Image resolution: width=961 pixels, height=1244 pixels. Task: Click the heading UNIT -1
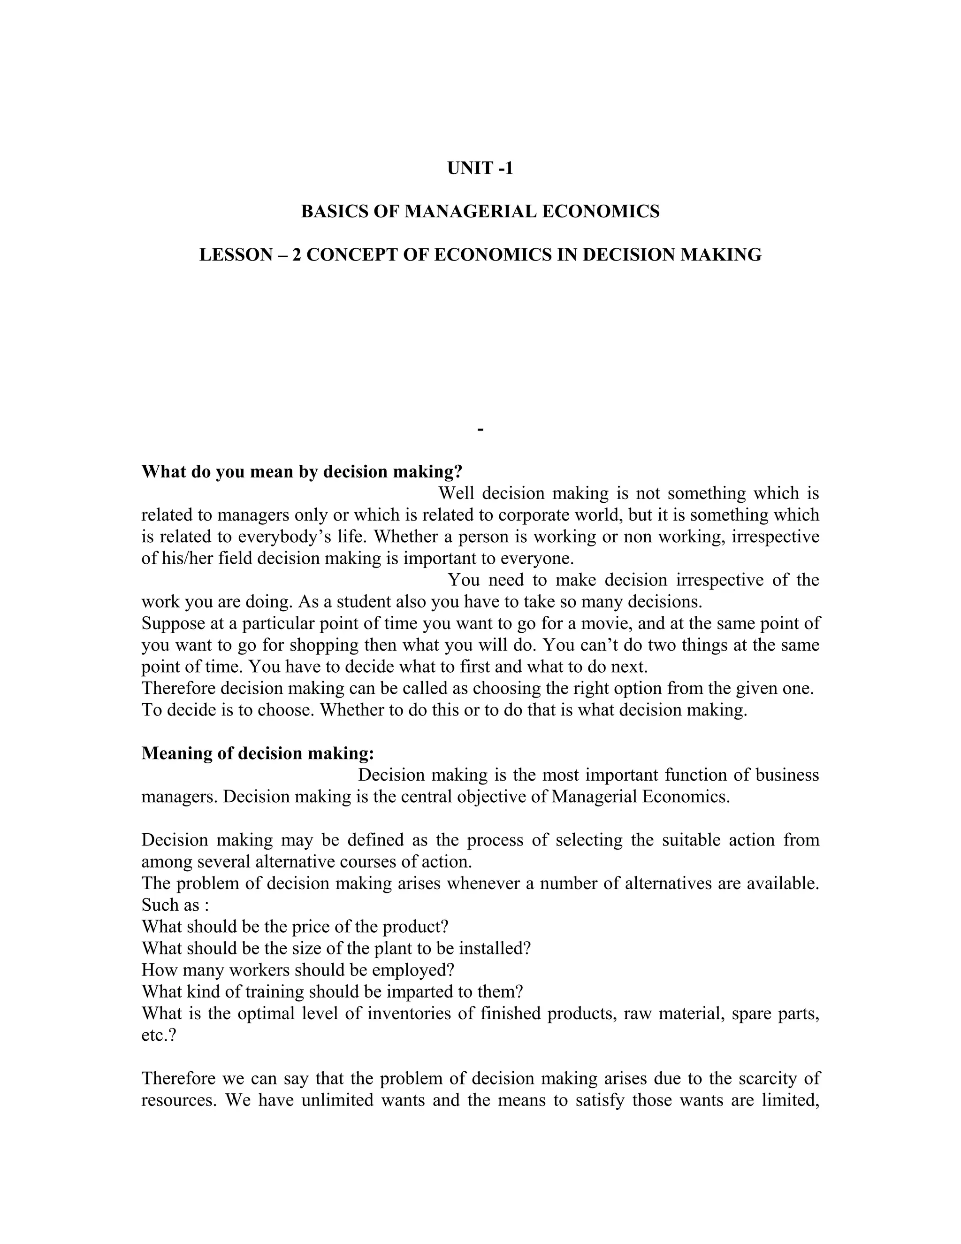click(480, 169)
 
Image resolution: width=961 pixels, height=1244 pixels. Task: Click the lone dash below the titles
click(480, 428)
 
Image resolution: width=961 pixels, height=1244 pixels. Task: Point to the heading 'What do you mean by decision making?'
click(302, 472)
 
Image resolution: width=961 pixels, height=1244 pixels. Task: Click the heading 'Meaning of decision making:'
click(257, 753)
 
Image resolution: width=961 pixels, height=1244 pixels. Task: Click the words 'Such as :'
click(175, 905)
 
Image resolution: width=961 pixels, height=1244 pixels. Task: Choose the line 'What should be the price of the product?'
click(294, 926)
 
